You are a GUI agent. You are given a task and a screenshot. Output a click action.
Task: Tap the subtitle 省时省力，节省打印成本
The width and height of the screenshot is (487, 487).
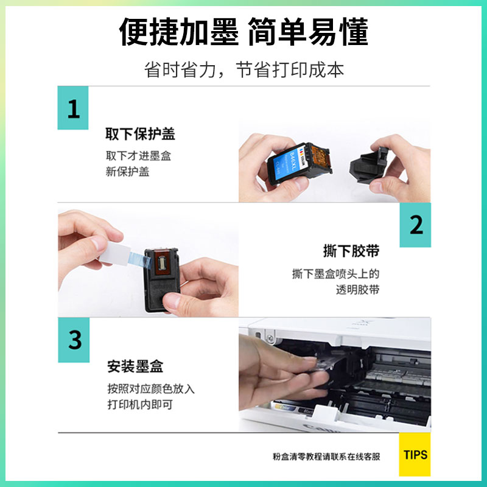click(x=243, y=69)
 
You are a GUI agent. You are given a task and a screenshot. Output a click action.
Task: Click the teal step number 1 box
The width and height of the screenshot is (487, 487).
click(x=73, y=108)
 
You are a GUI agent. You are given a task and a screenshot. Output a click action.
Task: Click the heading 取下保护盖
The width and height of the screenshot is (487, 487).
click(x=140, y=134)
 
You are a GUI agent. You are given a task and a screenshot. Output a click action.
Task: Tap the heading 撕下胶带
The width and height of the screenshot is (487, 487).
click(x=351, y=251)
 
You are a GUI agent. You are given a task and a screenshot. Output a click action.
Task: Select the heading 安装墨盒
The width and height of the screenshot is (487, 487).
click(x=135, y=366)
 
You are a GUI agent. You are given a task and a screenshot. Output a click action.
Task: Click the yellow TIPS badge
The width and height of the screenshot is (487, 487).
click(x=415, y=455)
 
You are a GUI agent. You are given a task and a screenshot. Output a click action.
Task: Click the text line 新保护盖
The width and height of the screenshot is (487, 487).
click(x=127, y=172)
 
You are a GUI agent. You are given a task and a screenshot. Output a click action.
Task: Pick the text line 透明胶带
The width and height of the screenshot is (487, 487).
click(x=357, y=290)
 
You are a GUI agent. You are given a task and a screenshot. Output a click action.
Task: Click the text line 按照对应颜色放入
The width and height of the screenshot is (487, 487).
click(x=150, y=388)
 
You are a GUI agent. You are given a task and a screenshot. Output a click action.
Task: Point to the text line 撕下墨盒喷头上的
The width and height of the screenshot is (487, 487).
click(x=335, y=274)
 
